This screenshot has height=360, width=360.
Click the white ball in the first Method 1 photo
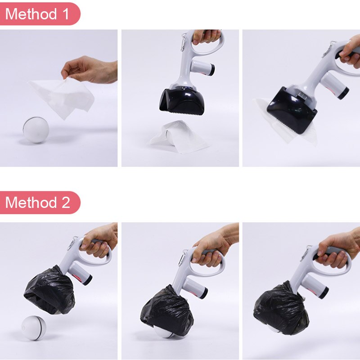[x=36, y=130]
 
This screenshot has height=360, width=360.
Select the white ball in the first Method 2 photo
[x=34, y=328]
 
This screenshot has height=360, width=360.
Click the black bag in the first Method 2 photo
[x=49, y=290]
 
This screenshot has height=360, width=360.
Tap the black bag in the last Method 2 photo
[x=281, y=309]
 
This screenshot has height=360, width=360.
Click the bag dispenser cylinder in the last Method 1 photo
[x=334, y=85]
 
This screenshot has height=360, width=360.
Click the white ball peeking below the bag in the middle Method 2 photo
[x=163, y=333]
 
